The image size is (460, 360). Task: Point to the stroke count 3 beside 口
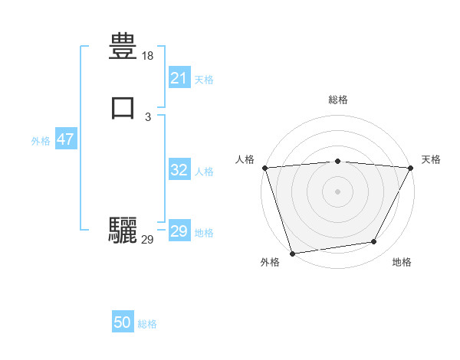(x=148, y=116)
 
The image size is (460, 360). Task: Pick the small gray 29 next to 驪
(x=148, y=240)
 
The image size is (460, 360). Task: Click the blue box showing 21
(x=179, y=78)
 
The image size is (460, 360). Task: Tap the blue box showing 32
(x=179, y=170)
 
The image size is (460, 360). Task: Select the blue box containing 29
(x=179, y=231)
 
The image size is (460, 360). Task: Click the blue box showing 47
(x=65, y=139)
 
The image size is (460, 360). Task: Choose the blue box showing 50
(x=123, y=322)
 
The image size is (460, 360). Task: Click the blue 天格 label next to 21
(x=204, y=80)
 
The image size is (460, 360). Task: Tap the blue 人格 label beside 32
(x=204, y=172)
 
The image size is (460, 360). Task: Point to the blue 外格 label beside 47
(x=41, y=141)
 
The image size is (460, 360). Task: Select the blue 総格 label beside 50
(x=147, y=324)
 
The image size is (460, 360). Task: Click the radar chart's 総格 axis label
(x=337, y=100)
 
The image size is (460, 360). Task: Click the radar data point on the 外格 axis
(x=292, y=253)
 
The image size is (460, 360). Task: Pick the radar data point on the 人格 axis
(x=264, y=168)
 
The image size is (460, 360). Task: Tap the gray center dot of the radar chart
(x=337, y=191)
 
